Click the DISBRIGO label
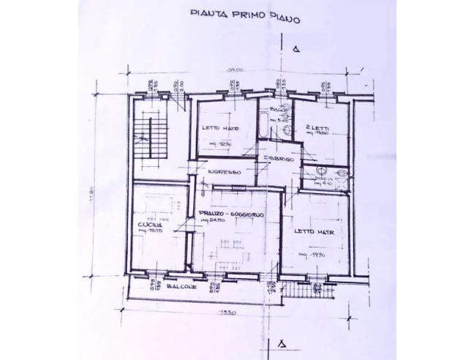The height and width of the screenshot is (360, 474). pos(279,159)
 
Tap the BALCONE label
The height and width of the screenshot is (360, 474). pos(181,287)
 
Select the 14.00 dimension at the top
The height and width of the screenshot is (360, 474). pos(234,68)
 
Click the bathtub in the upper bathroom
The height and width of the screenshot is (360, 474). pos(261,125)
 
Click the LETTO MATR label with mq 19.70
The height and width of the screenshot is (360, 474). pos(315,232)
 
